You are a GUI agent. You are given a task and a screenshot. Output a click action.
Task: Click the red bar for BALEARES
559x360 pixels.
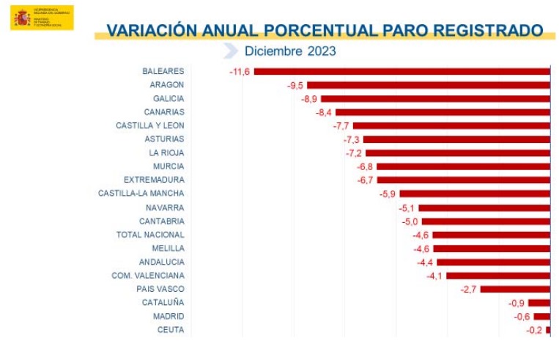[x=401, y=71]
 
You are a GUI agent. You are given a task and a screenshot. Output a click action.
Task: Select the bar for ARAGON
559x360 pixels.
[x=429, y=85]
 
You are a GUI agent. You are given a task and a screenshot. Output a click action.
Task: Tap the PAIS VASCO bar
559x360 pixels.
[x=515, y=289]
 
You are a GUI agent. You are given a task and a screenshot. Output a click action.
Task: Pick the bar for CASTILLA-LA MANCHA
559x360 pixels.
[x=475, y=194]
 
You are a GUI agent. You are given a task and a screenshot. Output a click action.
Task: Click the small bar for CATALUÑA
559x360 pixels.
[x=538, y=303]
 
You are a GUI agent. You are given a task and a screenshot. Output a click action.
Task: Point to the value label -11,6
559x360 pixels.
[x=240, y=71]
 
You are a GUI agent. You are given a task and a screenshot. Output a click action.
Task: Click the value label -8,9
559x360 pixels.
[x=309, y=98]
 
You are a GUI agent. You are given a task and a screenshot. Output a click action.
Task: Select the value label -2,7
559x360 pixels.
[x=469, y=289]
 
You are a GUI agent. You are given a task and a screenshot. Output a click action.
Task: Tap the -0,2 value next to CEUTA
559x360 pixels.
[x=536, y=330]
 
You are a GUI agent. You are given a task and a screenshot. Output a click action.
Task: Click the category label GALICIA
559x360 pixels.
[x=169, y=98]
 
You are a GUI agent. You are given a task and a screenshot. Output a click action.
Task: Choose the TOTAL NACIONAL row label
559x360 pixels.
[x=150, y=235]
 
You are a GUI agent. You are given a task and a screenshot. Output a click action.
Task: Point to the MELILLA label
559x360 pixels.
[x=168, y=248]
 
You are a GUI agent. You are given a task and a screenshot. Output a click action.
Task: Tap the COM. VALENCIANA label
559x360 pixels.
[x=147, y=275]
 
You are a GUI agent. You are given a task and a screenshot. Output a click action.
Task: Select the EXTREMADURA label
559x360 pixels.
[x=154, y=180]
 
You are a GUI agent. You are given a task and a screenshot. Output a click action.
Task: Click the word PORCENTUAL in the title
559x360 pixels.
[x=319, y=30]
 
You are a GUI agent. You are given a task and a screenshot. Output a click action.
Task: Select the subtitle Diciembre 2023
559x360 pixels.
[x=290, y=51]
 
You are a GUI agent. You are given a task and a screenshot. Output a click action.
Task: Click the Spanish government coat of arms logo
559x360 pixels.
[x=22, y=18]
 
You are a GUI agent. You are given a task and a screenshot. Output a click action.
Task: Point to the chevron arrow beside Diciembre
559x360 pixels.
[x=230, y=51]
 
